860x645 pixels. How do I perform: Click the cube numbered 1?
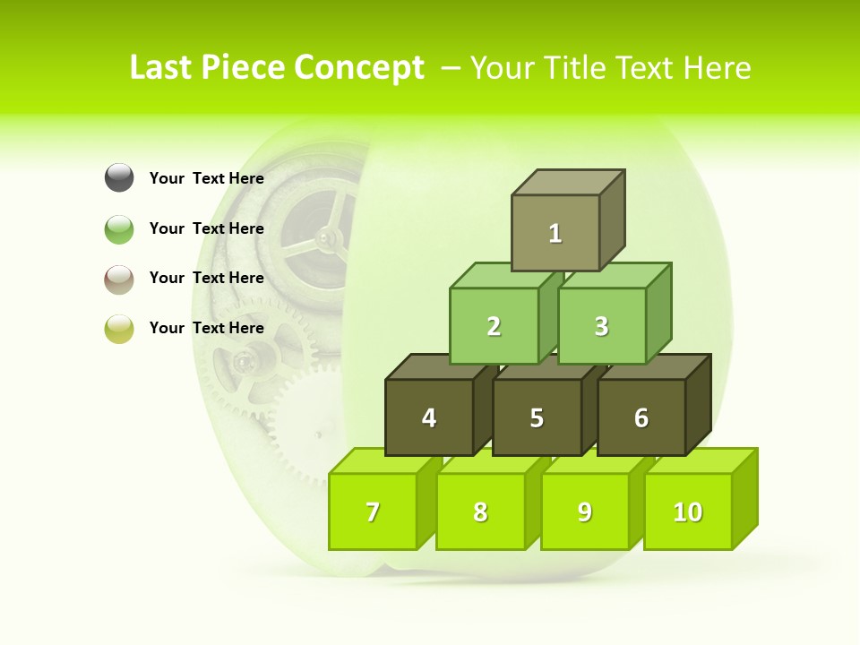(555, 233)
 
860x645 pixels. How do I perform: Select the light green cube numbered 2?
(494, 326)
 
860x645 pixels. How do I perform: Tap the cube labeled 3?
(601, 326)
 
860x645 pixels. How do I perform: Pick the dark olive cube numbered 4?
(429, 417)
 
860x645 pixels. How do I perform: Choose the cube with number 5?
(537, 417)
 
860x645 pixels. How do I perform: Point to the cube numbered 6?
(641, 417)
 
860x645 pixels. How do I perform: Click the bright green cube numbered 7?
(373, 512)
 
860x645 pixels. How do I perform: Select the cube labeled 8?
(480, 512)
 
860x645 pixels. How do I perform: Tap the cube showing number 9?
(584, 512)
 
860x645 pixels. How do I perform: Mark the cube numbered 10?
(687, 512)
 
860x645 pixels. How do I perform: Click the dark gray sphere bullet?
(119, 178)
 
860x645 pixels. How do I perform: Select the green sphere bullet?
(119, 228)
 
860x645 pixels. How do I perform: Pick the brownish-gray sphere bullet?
(119, 279)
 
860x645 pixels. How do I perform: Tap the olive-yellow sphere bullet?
(119, 328)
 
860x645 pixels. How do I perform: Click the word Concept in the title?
(358, 68)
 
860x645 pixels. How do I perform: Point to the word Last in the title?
(162, 68)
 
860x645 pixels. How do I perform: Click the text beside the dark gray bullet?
(207, 178)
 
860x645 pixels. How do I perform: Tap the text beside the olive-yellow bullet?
(207, 328)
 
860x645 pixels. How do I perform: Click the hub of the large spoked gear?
(328, 236)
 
